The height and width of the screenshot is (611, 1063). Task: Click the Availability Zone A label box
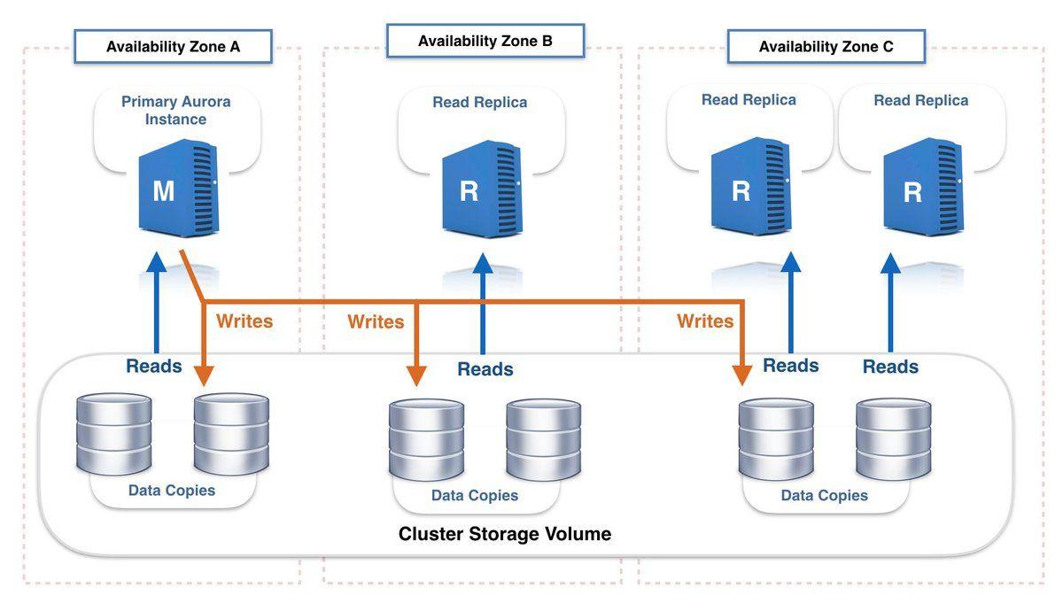pyautogui.click(x=173, y=47)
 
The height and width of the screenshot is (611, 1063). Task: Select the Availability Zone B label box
pyautogui.click(x=485, y=41)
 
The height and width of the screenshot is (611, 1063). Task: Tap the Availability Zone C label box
pyautogui.click(x=826, y=47)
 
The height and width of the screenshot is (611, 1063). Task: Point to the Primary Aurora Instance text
pyautogui.click(x=175, y=110)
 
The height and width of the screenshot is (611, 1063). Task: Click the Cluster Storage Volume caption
pyautogui.click(x=504, y=534)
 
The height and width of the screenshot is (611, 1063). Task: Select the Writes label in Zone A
pyautogui.click(x=244, y=321)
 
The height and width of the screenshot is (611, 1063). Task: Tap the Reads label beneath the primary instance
pyautogui.click(x=154, y=366)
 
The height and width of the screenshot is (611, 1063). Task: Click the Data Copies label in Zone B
pyautogui.click(x=474, y=496)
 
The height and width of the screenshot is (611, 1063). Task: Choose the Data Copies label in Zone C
pyautogui.click(x=824, y=496)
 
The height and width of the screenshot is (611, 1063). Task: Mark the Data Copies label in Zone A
pyautogui.click(x=172, y=490)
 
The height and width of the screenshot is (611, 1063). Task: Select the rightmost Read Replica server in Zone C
pyautogui.click(x=921, y=189)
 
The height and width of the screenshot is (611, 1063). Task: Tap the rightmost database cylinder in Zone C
pyautogui.click(x=894, y=439)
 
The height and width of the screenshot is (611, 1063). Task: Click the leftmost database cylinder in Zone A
pyautogui.click(x=113, y=434)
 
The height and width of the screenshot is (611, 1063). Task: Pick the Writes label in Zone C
pyautogui.click(x=705, y=321)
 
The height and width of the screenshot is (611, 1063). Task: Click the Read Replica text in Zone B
pyautogui.click(x=479, y=102)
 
